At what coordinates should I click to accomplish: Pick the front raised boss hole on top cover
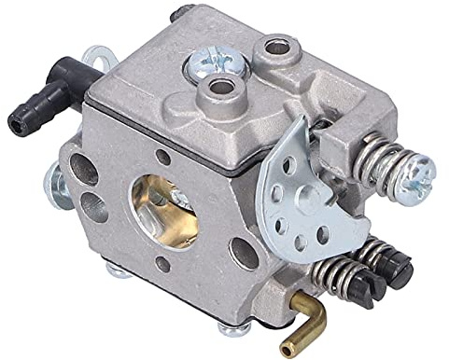click(x=220, y=90)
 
